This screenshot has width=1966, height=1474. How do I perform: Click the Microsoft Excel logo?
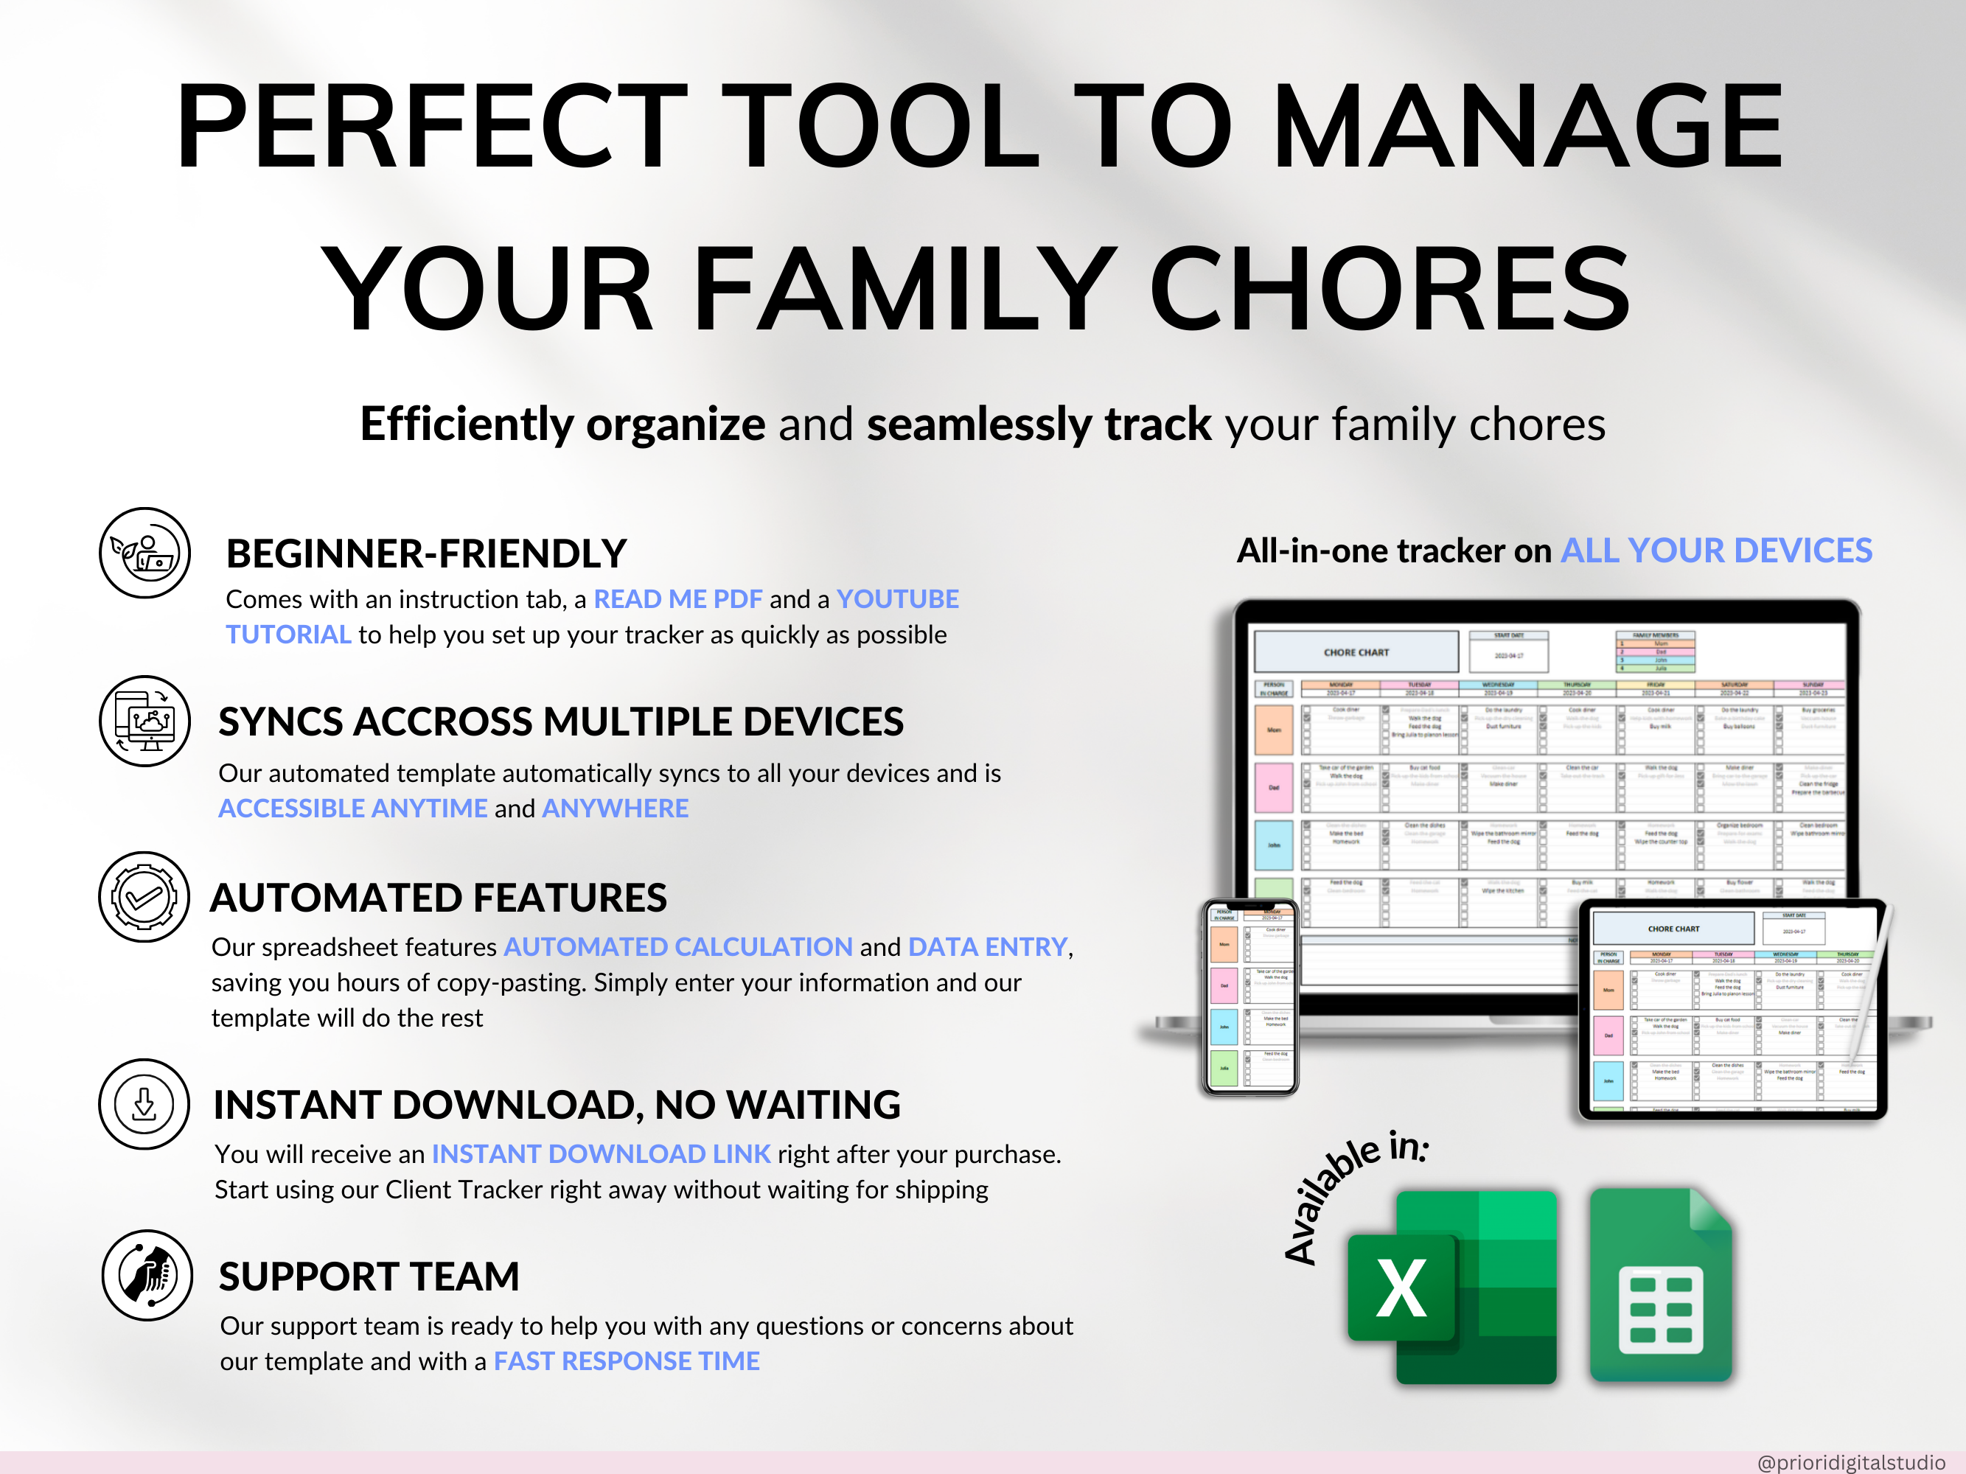click(1452, 1287)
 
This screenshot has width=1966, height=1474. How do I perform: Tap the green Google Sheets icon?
click(1660, 1285)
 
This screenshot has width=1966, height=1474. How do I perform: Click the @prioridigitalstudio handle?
click(1850, 1461)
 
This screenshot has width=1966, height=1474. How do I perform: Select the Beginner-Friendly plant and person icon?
click(144, 553)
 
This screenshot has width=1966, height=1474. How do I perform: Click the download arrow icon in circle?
click(144, 1104)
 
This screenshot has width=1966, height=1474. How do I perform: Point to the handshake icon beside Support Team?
click(147, 1275)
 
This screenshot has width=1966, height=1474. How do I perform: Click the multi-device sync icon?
click(144, 721)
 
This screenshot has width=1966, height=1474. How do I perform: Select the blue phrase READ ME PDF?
click(677, 599)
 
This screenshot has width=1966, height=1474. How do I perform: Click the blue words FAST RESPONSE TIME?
click(627, 1361)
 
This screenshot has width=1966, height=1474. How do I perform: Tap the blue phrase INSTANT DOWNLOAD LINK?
click(601, 1154)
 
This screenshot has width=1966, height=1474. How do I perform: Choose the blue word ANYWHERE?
click(615, 808)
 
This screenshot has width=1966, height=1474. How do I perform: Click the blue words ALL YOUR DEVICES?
click(1716, 551)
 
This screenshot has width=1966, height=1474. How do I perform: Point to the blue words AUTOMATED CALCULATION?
click(678, 947)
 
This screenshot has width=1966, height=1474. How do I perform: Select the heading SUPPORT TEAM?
click(369, 1276)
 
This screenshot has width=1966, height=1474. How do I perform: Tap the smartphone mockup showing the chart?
click(1249, 997)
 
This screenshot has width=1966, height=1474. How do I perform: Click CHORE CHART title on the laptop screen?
click(1356, 652)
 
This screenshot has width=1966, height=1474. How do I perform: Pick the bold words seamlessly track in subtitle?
click(1038, 424)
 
